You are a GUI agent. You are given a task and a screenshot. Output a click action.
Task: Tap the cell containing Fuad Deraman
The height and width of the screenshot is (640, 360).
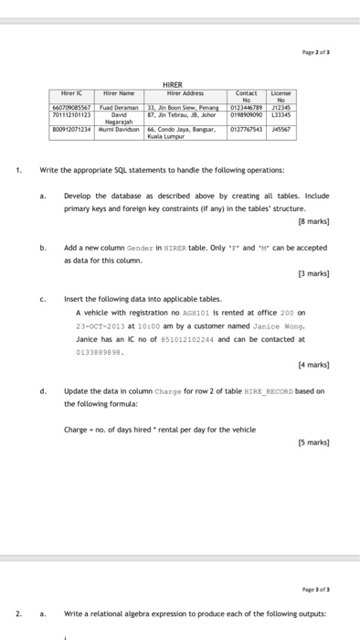click(x=117, y=109)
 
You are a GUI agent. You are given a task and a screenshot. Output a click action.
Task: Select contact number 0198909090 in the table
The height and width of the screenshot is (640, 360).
click(x=247, y=116)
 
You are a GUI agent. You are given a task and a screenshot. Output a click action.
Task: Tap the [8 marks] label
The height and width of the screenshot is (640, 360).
click(x=312, y=221)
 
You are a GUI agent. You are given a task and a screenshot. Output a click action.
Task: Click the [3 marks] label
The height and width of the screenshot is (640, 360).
click(x=312, y=273)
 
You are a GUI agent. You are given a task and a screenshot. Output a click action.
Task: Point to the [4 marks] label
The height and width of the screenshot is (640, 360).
click(x=312, y=365)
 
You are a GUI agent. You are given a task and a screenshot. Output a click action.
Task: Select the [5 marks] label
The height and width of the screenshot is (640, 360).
click(x=312, y=443)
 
